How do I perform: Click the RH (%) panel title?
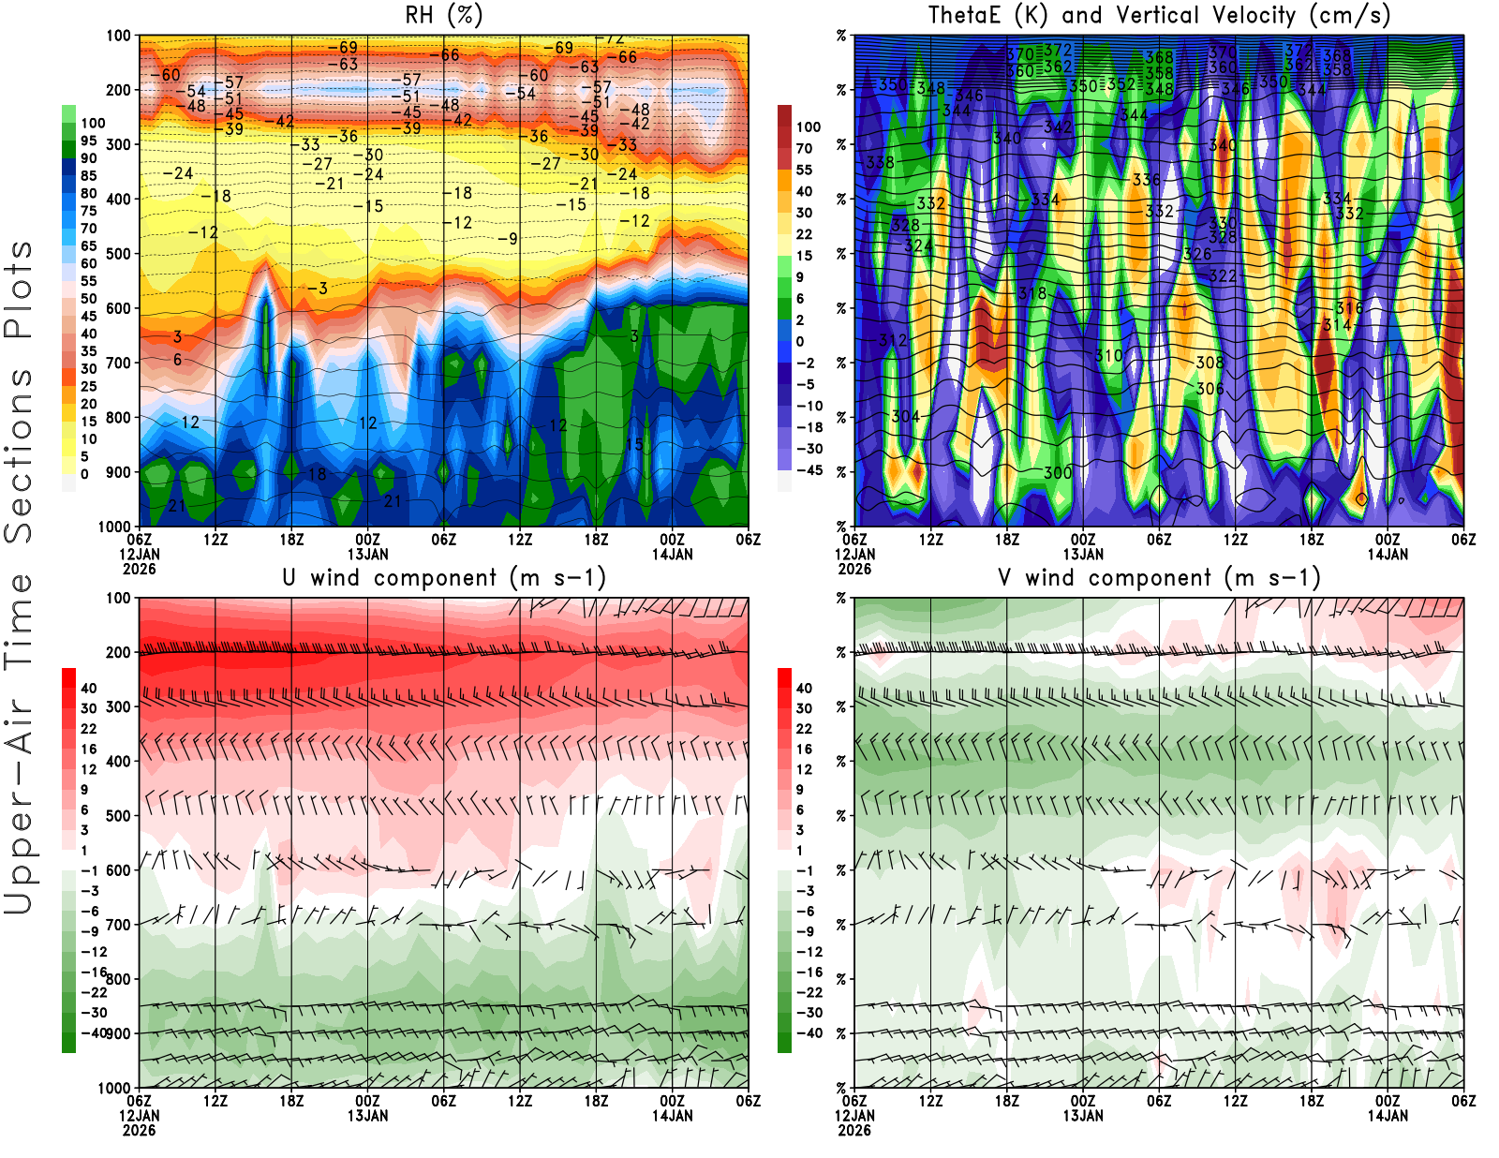coord(443,16)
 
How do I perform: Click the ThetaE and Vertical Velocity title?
coord(1159,16)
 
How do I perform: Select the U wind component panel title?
coord(443,578)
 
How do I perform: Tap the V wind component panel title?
coord(1159,578)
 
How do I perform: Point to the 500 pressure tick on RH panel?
coord(119,254)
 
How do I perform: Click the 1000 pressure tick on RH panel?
coord(115,527)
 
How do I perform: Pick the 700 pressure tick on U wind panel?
coord(119,925)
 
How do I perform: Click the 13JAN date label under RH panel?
coord(367,554)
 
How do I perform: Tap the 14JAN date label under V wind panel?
coord(1388,1116)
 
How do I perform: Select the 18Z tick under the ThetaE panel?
coord(1007,540)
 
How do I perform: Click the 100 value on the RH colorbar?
coord(93,123)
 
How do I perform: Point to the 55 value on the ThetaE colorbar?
coord(804,170)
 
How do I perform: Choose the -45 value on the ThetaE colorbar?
coord(809,470)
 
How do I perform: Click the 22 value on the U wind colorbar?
coord(88,729)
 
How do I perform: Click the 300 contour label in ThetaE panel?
coord(1058,473)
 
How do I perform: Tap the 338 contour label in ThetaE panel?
coord(880,163)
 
